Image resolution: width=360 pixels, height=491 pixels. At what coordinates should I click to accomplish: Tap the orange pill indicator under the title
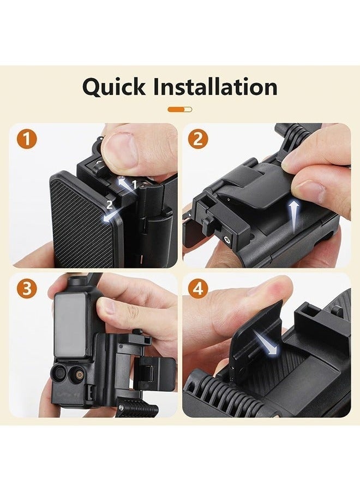click(x=179, y=109)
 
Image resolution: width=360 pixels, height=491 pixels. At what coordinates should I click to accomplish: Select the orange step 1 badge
click(x=28, y=139)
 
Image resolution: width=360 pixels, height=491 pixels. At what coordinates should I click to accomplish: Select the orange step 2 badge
click(x=198, y=139)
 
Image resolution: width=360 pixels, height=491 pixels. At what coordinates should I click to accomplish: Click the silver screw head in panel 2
click(x=225, y=239)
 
